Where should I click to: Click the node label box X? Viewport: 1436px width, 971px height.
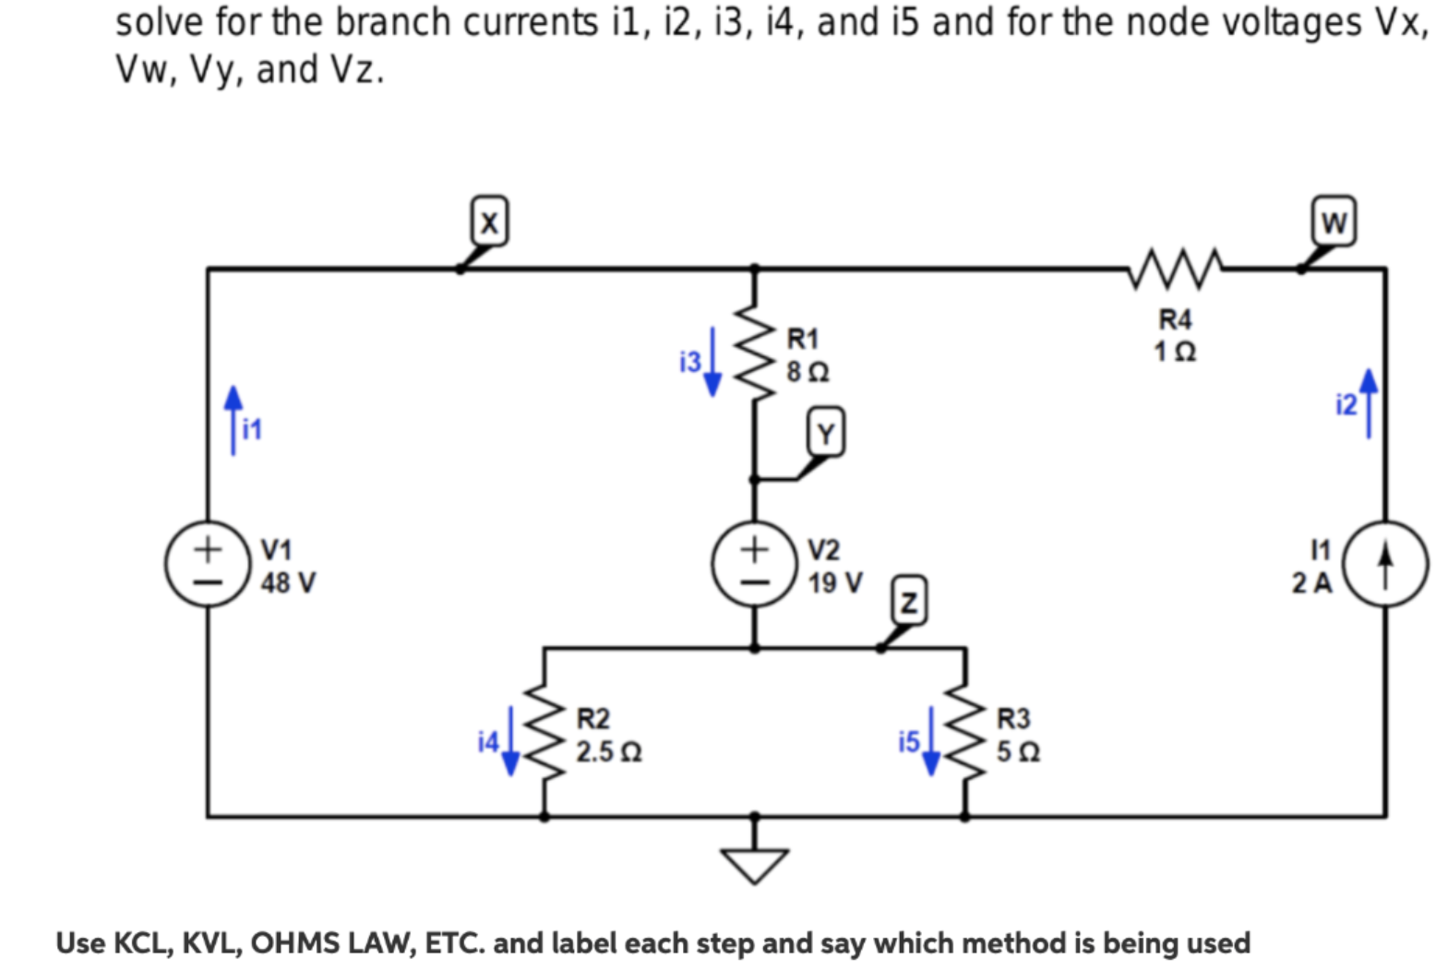click(489, 222)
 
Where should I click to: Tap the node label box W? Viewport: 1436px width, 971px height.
click(1334, 222)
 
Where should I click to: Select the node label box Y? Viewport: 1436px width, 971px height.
click(826, 433)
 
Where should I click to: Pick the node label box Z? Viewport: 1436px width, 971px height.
click(909, 603)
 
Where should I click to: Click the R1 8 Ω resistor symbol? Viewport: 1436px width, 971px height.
click(755, 354)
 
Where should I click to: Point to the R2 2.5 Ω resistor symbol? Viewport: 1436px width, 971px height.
click(544, 734)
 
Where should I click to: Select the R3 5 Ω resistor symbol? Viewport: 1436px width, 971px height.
click(965, 734)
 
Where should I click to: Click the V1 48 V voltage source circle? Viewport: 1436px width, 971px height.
click(208, 565)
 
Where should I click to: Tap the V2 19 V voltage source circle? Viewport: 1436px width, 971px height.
click(754, 565)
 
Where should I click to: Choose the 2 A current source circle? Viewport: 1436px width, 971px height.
click(1385, 565)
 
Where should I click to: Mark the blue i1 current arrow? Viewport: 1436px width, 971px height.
click(233, 420)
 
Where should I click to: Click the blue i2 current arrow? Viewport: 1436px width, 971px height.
click(1369, 403)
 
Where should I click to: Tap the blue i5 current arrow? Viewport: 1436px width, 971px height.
click(931, 741)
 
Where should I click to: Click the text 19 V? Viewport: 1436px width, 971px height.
click(835, 583)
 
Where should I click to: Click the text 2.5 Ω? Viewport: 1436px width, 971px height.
click(609, 752)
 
